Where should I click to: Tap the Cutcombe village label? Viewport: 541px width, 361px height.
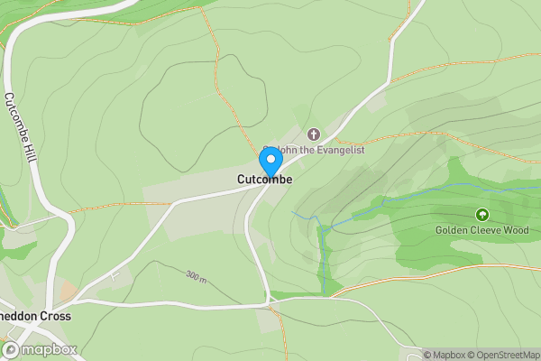coord(264,180)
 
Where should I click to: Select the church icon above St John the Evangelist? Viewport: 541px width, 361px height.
coord(314,134)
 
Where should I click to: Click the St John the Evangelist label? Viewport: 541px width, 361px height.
coord(314,150)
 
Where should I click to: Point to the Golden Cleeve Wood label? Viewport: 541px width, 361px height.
coord(481,229)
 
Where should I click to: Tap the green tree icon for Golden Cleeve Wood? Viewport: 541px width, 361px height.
coord(481,215)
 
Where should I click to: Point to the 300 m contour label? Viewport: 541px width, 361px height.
coord(197,275)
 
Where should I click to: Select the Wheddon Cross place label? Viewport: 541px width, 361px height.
coord(36,317)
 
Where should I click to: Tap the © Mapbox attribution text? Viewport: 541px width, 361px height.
coord(447,355)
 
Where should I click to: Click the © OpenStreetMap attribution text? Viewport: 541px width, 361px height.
coord(507,355)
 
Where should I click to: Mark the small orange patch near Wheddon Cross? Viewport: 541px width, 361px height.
coord(66,292)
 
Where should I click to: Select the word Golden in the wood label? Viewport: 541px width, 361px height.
coord(453,229)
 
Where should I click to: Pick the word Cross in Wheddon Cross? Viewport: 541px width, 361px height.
coord(57,317)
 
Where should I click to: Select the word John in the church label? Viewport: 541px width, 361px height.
coord(287,150)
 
